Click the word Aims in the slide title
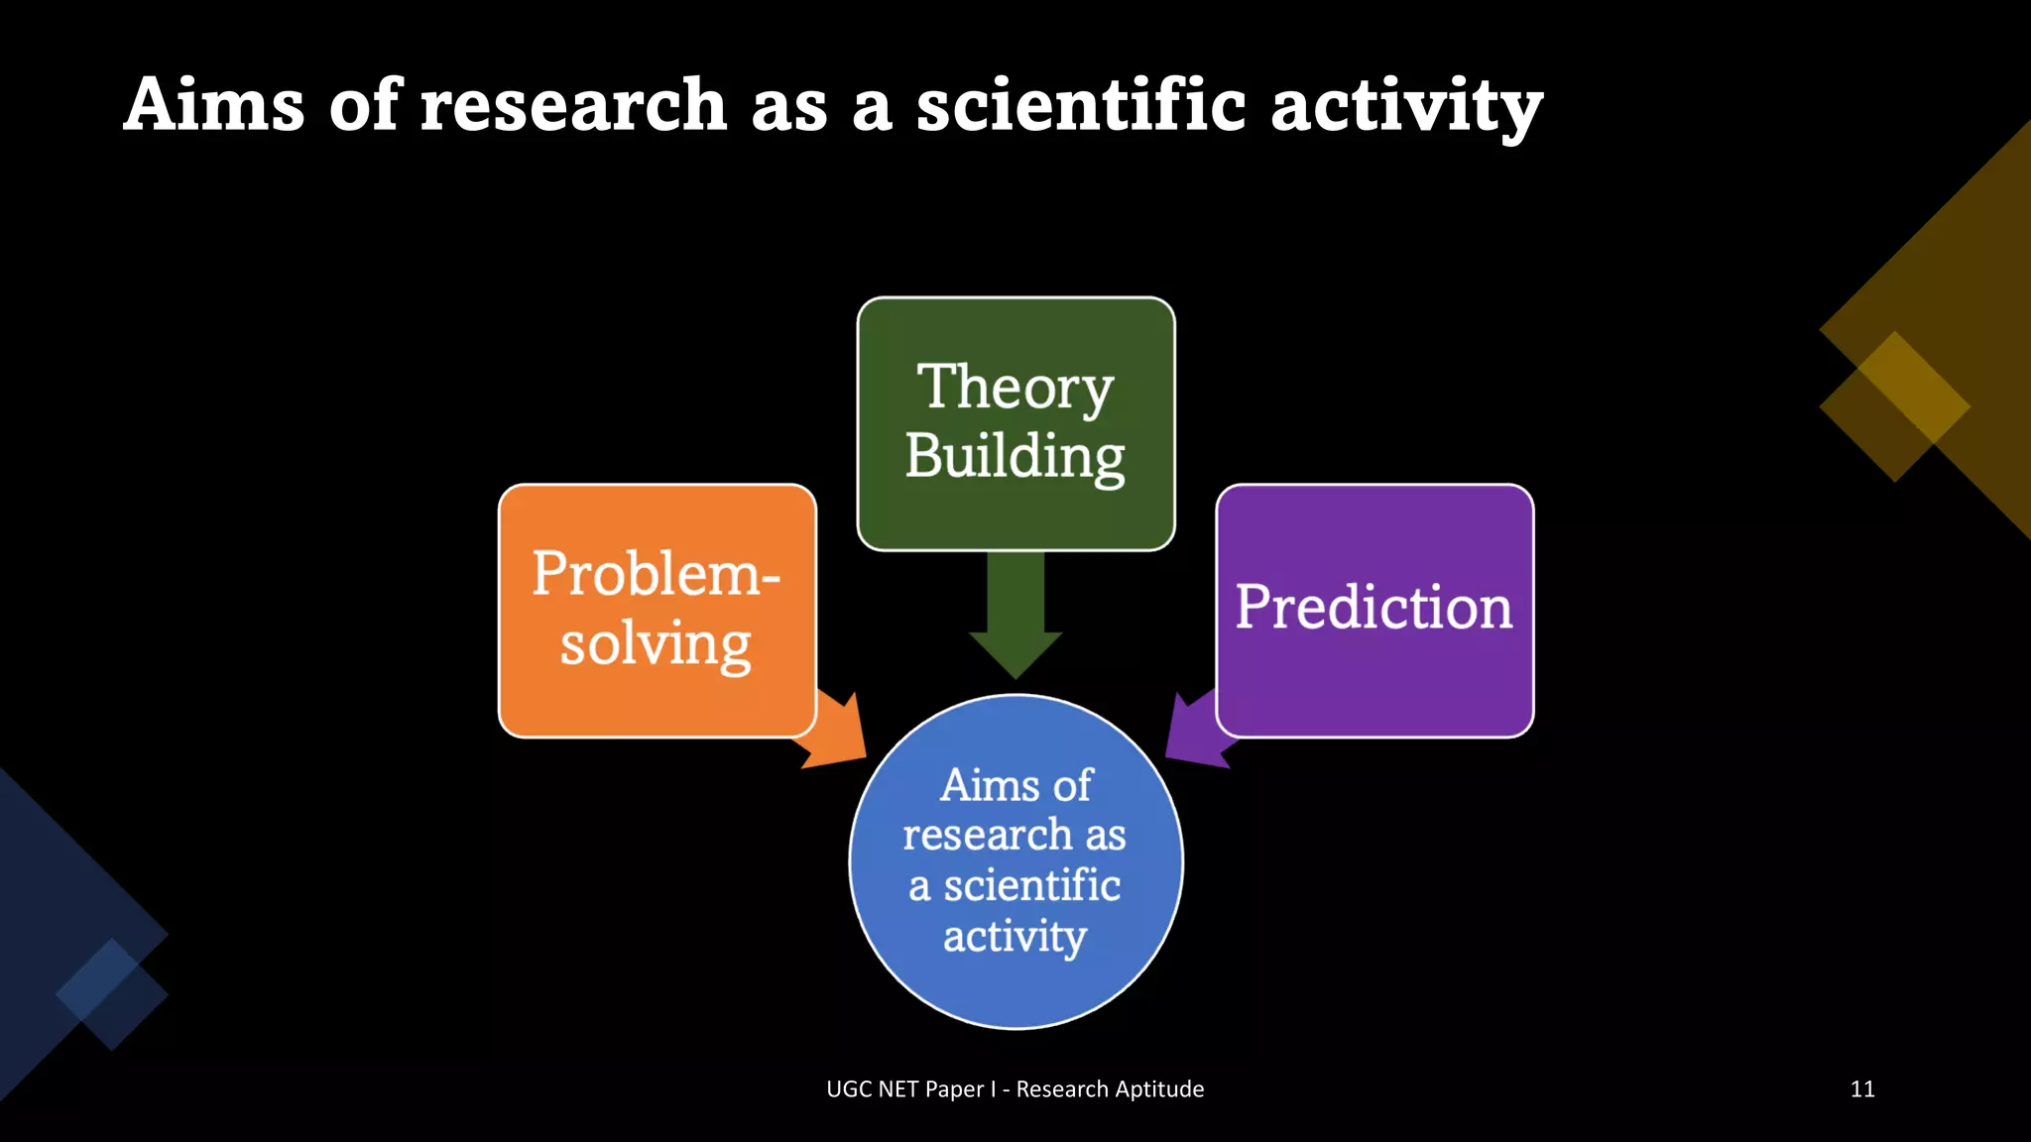pyautogui.click(x=214, y=105)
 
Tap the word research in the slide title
pyautogui.click(x=573, y=105)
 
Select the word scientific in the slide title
pyautogui.click(x=1081, y=105)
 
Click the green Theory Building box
pyautogui.click(x=1015, y=423)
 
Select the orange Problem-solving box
pyautogui.click(x=657, y=610)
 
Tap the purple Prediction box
pyautogui.click(x=1374, y=610)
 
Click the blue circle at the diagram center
pyautogui.click(x=1015, y=860)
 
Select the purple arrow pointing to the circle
pyautogui.click(x=1196, y=734)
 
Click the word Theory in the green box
pyautogui.click(x=1015, y=388)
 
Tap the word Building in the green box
pyautogui.click(x=1015, y=457)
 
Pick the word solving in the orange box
pyautogui.click(x=656, y=645)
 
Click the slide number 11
pyautogui.click(x=1862, y=1088)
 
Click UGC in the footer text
pyautogui.click(x=849, y=1089)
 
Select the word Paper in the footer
pyautogui.click(x=955, y=1089)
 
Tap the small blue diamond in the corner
pyautogui.click(x=111, y=994)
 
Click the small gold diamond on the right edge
pyautogui.click(x=1894, y=406)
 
